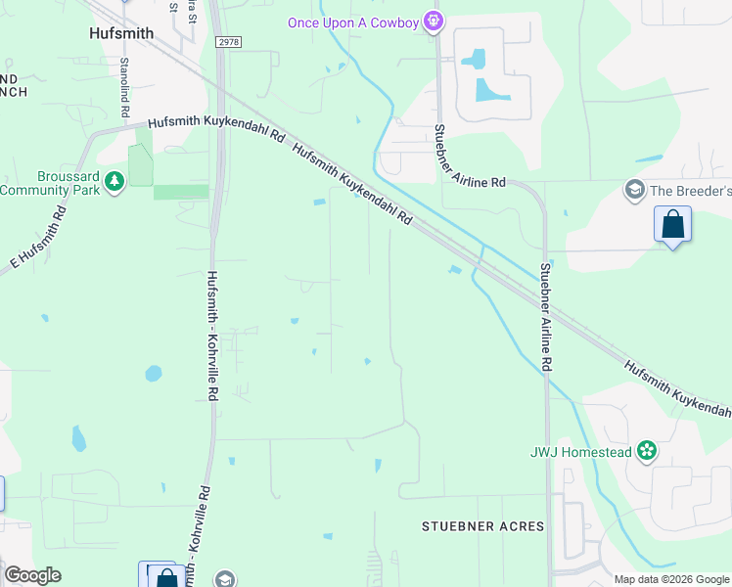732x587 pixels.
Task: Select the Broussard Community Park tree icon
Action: [115, 181]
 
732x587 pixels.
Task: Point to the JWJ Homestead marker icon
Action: [646, 451]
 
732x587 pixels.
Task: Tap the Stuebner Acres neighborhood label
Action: [482, 526]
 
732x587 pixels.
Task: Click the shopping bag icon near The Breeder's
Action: [673, 224]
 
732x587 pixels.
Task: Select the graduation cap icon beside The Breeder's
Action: [634, 189]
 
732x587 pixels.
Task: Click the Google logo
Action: [32, 575]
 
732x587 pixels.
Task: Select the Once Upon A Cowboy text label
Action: [353, 23]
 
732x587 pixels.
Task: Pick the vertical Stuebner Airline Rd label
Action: [546, 316]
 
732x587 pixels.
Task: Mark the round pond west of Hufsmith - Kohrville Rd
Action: [154, 373]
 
